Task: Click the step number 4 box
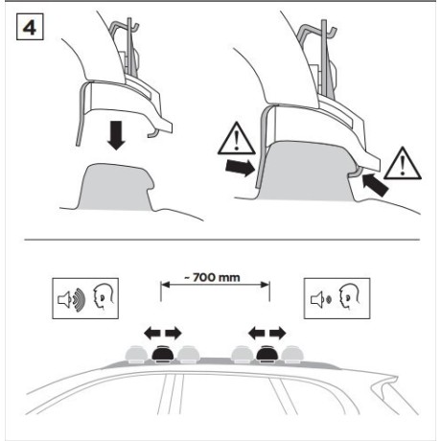click(x=30, y=27)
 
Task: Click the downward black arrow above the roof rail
click(x=116, y=136)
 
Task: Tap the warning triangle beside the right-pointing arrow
click(x=237, y=138)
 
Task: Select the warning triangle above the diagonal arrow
click(x=403, y=163)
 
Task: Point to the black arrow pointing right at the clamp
click(x=240, y=168)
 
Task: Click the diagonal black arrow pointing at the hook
click(x=376, y=185)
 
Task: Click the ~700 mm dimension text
click(x=212, y=277)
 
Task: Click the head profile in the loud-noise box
click(x=104, y=298)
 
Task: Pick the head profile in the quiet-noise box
click(x=349, y=297)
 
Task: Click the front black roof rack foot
click(x=163, y=354)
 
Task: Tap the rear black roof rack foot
click(x=267, y=354)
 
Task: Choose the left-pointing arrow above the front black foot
click(x=152, y=334)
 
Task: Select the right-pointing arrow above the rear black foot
click(x=278, y=334)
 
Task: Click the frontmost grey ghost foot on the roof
click(x=137, y=355)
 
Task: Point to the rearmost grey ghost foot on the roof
click(x=292, y=355)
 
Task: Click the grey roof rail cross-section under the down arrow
click(x=116, y=187)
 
